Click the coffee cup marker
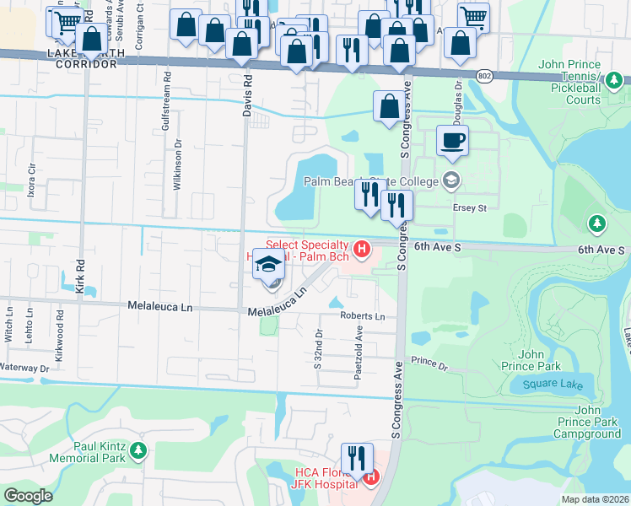[453, 141]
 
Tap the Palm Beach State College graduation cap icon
[451, 180]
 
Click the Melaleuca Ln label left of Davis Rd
[159, 306]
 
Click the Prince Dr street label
[429, 363]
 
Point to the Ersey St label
[471, 207]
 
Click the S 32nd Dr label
[318, 349]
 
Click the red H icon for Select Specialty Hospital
[362, 249]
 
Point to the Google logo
[28, 496]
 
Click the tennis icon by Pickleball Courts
[617, 81]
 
